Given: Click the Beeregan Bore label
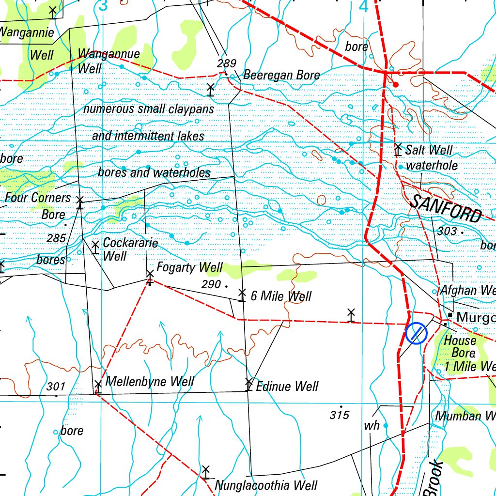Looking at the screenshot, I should [x=281, y=75].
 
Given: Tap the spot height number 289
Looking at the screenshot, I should [x=226, y=63].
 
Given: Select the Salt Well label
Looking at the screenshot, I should [x=429, y=150].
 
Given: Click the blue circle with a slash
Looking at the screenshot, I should [x=416, y=333].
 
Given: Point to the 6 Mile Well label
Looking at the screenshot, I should [x=281, y=296].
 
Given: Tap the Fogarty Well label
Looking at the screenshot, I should [x=189, y=267].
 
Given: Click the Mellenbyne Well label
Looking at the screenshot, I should [x=150, y=382].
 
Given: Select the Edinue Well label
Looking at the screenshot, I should [x=287, y=386].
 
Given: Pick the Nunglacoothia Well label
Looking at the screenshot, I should [x=266, y=485].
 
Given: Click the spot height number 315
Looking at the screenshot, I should [x=340, y=415].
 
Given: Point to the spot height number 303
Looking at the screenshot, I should [x=447, y=232].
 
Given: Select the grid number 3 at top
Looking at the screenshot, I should [x=102, y=6].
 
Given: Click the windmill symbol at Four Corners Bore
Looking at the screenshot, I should [x=80, y=201].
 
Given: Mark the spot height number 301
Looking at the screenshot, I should [x=56, y=387].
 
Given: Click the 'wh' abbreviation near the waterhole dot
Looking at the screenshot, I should [x=372, y=426].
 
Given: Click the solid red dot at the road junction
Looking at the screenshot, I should [x=396, y=85].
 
